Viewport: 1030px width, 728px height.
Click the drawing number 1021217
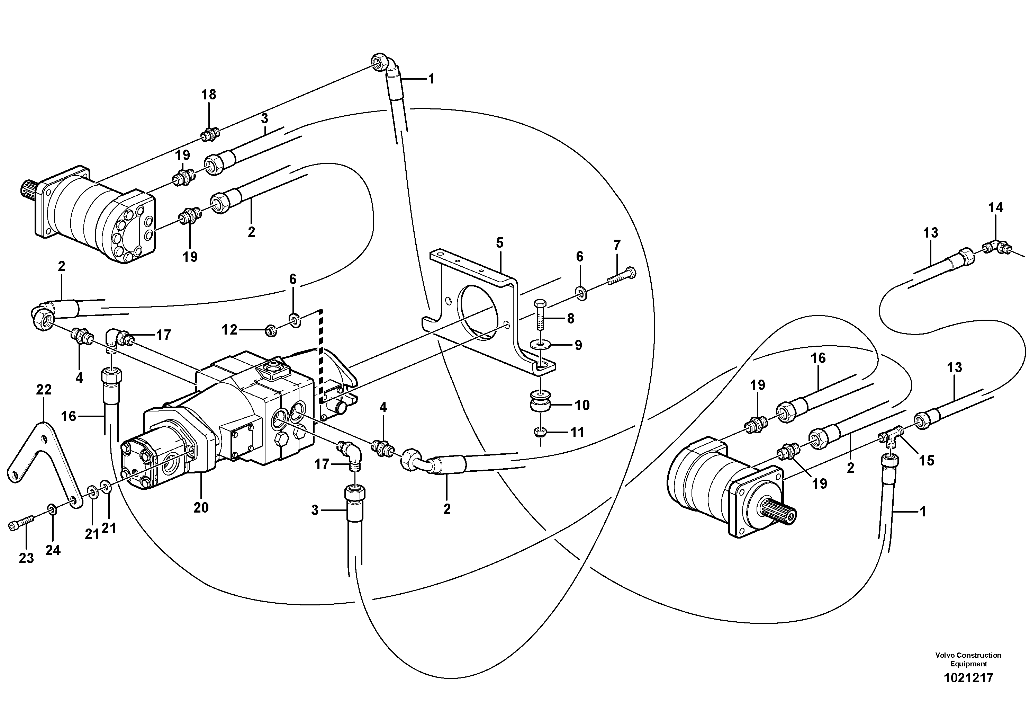click(x=968, y=678)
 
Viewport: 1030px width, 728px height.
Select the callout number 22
click(x=44, y=390)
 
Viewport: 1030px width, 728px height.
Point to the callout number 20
click(x=201, y=508)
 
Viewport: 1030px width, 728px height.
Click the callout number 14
click(x=995, y=208)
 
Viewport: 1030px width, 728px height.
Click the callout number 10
click(x=582, y=405)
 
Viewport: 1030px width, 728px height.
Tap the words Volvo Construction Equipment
click(x=968, y=659)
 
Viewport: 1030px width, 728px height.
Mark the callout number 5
click(x=500, y=243)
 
